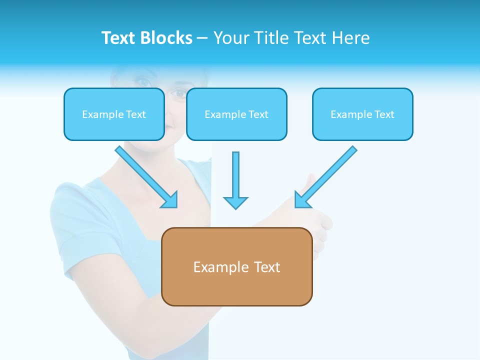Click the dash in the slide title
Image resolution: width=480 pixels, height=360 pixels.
(202, 38)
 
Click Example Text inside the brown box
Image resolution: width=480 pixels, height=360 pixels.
(237, 267)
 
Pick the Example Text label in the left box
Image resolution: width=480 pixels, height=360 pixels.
(114, 114)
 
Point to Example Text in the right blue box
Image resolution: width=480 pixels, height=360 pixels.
(362, 114)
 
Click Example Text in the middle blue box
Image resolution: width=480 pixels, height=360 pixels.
(236, 114)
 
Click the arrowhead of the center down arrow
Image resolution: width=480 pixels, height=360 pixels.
(235, 202)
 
